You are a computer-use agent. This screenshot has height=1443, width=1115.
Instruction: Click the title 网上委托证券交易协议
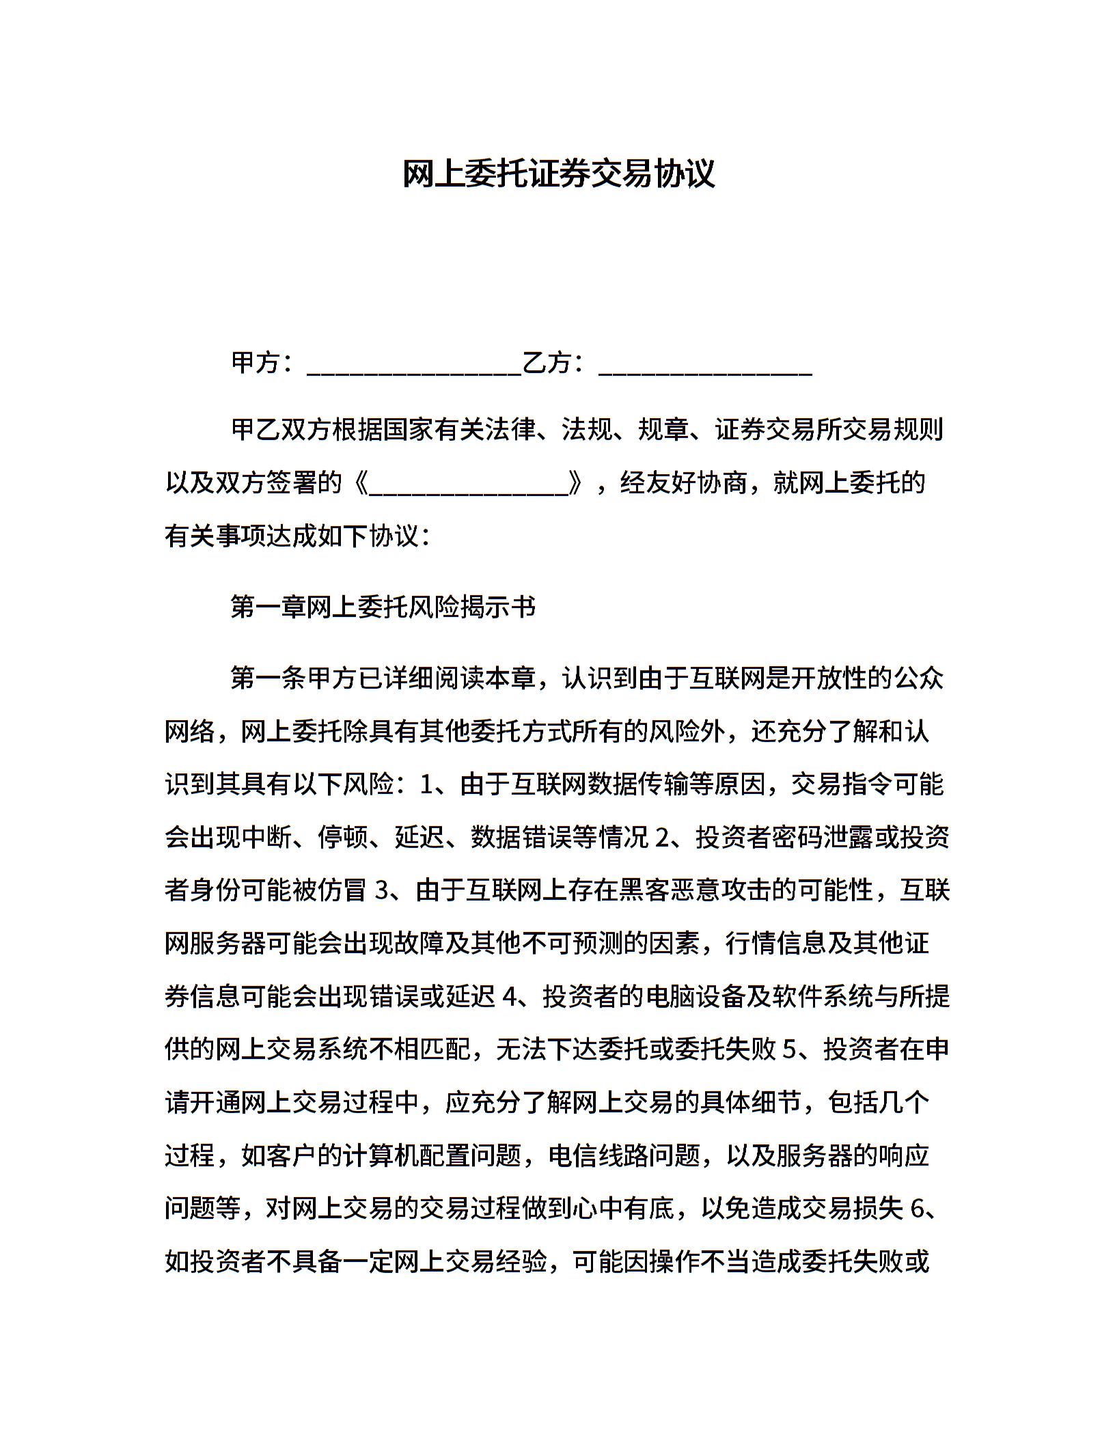(x=557, y=174)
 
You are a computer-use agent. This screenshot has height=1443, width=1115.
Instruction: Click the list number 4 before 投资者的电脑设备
(x=508, y=998)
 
